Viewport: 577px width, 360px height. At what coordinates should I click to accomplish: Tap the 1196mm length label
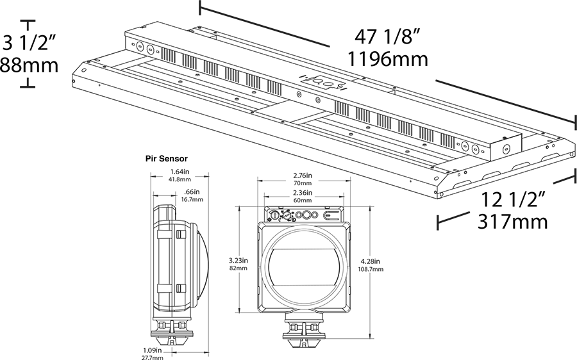coord(387,60)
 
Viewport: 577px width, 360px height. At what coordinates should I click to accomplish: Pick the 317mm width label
coord(513,222)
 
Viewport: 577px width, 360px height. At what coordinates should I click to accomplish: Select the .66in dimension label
coord(192,192)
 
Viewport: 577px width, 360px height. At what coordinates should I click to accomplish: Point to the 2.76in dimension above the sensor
coord(303,174)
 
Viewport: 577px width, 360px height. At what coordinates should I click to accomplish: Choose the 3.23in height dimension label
coord(237,261)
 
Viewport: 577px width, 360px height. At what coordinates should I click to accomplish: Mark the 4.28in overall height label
coord(371,261)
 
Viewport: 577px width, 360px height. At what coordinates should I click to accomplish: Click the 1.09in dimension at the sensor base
coord(153,350)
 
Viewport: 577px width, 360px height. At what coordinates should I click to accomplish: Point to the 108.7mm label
coord(371,269)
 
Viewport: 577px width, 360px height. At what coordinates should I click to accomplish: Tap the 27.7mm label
coord(153,357)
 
